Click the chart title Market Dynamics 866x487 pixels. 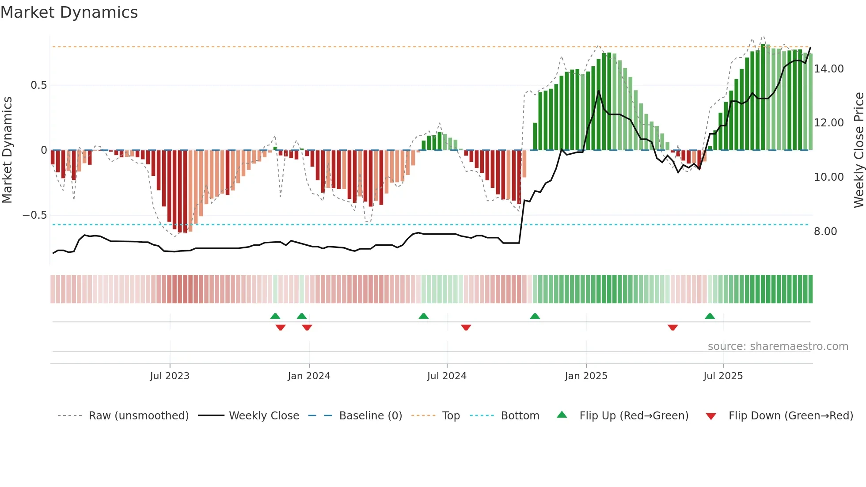tap(69, 12)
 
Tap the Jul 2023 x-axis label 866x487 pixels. tap(170, 376)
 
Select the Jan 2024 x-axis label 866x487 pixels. tap(309, 376)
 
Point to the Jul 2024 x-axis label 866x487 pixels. tap(447, 376)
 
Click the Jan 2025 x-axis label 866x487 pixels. tap(586, 376)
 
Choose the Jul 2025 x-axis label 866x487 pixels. tap(723, 376)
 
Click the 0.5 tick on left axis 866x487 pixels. tap(38, 85)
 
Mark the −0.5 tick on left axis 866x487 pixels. tap(34, 215)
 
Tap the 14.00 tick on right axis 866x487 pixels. tap(828, 69)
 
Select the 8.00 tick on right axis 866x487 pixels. tap(825, 232)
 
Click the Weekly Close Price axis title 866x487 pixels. tap(858, 150)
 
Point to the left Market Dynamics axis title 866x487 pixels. tap(7, 150)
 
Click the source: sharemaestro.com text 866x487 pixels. tap(778, 346)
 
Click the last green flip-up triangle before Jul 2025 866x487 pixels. tap(710, 316)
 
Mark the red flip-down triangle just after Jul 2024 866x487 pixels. tap(466, 327)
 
